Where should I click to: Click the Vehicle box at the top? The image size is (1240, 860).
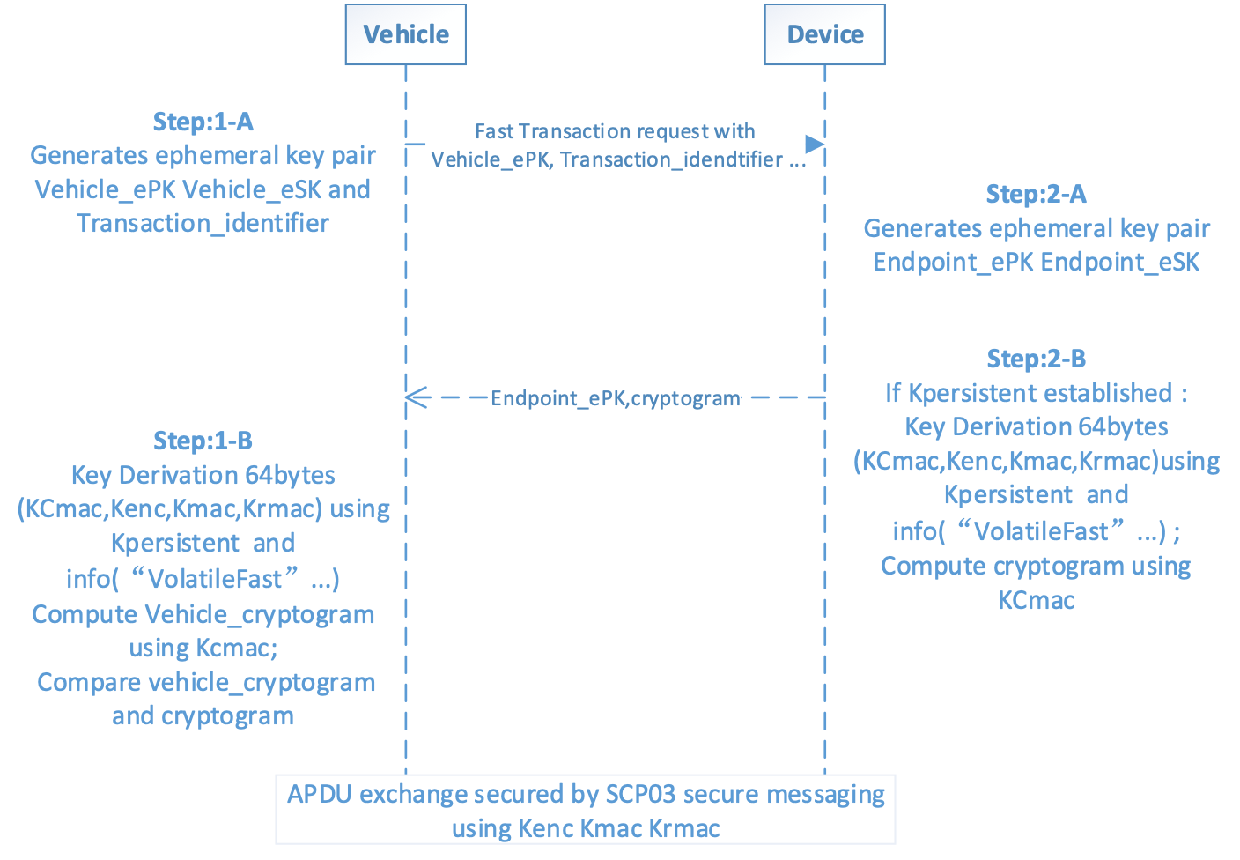click(x=405, y=34)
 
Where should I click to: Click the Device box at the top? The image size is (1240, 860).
click(x=824, y=34)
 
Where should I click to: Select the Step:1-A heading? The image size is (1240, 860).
click(x=203, y=122)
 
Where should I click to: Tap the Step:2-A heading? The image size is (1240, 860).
click(x=1036, y=194)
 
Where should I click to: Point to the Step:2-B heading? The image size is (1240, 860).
click(x=1036, y=359)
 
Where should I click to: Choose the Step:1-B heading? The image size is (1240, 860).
click(x=203, y=441)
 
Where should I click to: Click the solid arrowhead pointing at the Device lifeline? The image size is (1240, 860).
click(x=816, y=145)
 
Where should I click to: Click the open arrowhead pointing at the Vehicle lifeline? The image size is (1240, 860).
click(x=417, y=397)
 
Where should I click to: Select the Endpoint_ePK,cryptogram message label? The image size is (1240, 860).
click(x=615, y=398)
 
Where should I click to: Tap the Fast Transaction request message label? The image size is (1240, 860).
click(x=615, y=132)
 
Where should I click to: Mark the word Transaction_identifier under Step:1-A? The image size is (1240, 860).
click(x=203, y=224)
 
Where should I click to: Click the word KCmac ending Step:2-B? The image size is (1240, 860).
click(x=1036, y=601)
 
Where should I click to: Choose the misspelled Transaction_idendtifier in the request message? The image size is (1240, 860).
click(x=671, y=159)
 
